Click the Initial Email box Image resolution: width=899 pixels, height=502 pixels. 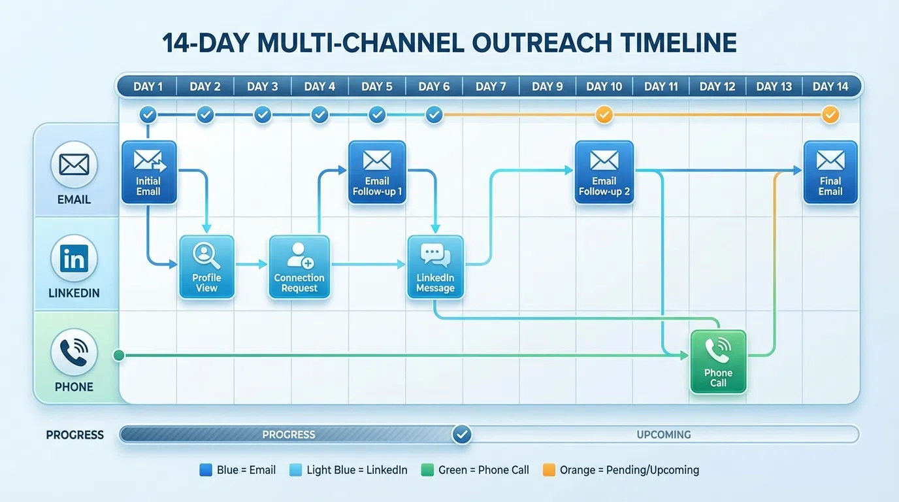(x=148, y=172)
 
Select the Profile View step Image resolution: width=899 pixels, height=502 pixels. (x=206, y=267)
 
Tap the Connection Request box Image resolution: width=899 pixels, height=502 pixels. (x=299, y=267)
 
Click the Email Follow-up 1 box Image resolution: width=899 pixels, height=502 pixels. (x=377, y=172)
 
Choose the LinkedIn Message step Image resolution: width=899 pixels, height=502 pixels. (x=435, y=267)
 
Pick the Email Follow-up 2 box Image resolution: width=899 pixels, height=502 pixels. (x=604, y=172)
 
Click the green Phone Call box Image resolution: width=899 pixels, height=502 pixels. (x=718, y=362)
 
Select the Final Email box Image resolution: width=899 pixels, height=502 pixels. (x=830, y=172)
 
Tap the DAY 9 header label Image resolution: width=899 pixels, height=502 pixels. (x=548, y=86)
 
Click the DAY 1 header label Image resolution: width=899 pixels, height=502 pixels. (x=148, y=86)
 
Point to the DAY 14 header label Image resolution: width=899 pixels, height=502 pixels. (x=830, y=86)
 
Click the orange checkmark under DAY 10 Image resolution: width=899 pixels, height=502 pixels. (x=604, y=115)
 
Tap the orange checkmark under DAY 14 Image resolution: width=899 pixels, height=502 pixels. (x=830, y=115)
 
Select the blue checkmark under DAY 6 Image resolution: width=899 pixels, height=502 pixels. (x=434, y=115)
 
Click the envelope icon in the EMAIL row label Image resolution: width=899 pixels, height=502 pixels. (x=74, y=165)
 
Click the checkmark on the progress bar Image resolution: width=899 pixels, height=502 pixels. (x=462, y=434)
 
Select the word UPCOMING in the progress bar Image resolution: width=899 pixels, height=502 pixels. (x=664, y=434)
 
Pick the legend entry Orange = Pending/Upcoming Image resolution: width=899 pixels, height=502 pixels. (x=621, y=470)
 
